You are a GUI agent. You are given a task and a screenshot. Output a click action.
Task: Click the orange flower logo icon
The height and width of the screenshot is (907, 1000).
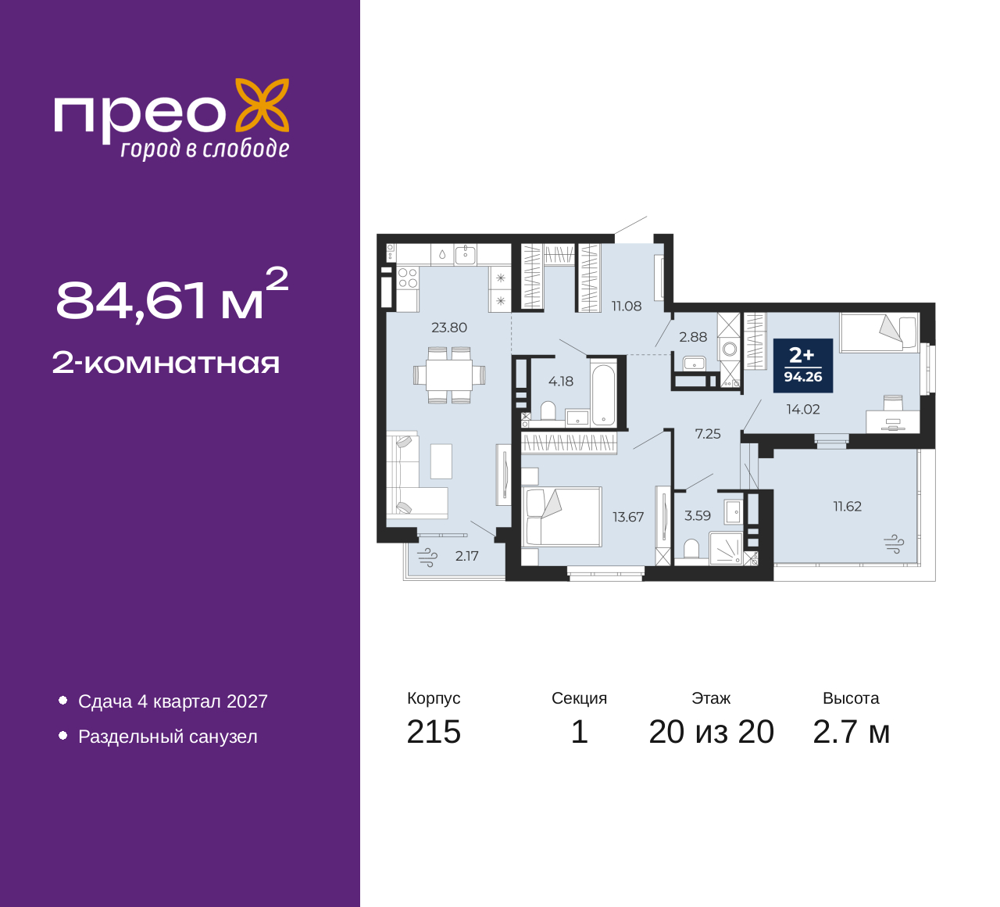click(262, 106)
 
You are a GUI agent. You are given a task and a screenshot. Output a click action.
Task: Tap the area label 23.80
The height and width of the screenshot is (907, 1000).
click(449, 328)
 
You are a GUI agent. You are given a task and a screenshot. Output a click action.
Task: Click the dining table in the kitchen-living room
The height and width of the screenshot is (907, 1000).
click(449, 375)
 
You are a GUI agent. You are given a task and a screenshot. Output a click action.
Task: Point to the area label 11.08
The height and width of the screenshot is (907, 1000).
click(627, 307)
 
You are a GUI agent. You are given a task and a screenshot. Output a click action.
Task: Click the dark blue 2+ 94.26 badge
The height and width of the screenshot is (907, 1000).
click(803, 365)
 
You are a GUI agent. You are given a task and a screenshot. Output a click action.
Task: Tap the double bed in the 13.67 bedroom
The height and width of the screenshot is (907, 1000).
click(562, 517)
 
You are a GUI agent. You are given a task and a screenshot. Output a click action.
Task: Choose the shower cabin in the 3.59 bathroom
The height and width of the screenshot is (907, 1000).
click(726, 549)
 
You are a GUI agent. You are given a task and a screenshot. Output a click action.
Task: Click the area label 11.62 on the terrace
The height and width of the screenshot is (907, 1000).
click(848, 507)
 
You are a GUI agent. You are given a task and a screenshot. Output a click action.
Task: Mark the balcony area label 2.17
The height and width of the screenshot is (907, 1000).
click(466, 556)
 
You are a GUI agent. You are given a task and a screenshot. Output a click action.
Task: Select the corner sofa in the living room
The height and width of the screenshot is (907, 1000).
click(416, 476)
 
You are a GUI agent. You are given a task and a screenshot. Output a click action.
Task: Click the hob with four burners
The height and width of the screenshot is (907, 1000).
click(408, 278)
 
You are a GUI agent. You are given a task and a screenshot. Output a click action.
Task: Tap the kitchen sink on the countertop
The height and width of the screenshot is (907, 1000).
click(466, 254)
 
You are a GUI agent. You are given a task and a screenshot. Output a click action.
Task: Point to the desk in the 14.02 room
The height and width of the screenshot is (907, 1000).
click(893, 421)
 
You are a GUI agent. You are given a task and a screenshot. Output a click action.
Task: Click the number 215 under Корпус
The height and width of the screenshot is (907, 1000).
click(434, 732)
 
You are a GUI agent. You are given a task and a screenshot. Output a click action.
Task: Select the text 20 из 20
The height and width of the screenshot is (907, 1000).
click(712, 732)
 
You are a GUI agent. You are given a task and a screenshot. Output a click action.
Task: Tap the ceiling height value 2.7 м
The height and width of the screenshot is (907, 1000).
click(851, 732)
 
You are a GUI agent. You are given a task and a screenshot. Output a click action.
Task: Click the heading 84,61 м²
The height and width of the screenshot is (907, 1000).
click(172, 296)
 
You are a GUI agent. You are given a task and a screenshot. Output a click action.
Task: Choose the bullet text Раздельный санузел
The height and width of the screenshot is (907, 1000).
click(167, 737)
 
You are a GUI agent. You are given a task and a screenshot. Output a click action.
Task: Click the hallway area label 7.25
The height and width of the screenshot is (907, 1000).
click(708, 434)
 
